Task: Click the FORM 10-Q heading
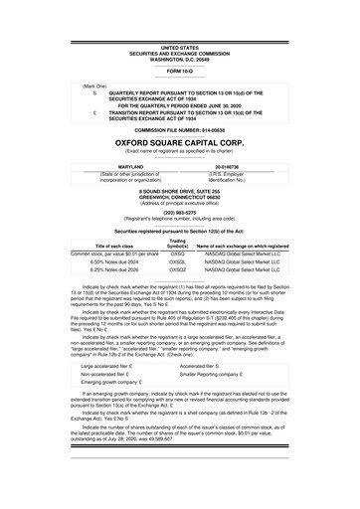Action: pos(179,72)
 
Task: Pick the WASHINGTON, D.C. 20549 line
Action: pos(179,58)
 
